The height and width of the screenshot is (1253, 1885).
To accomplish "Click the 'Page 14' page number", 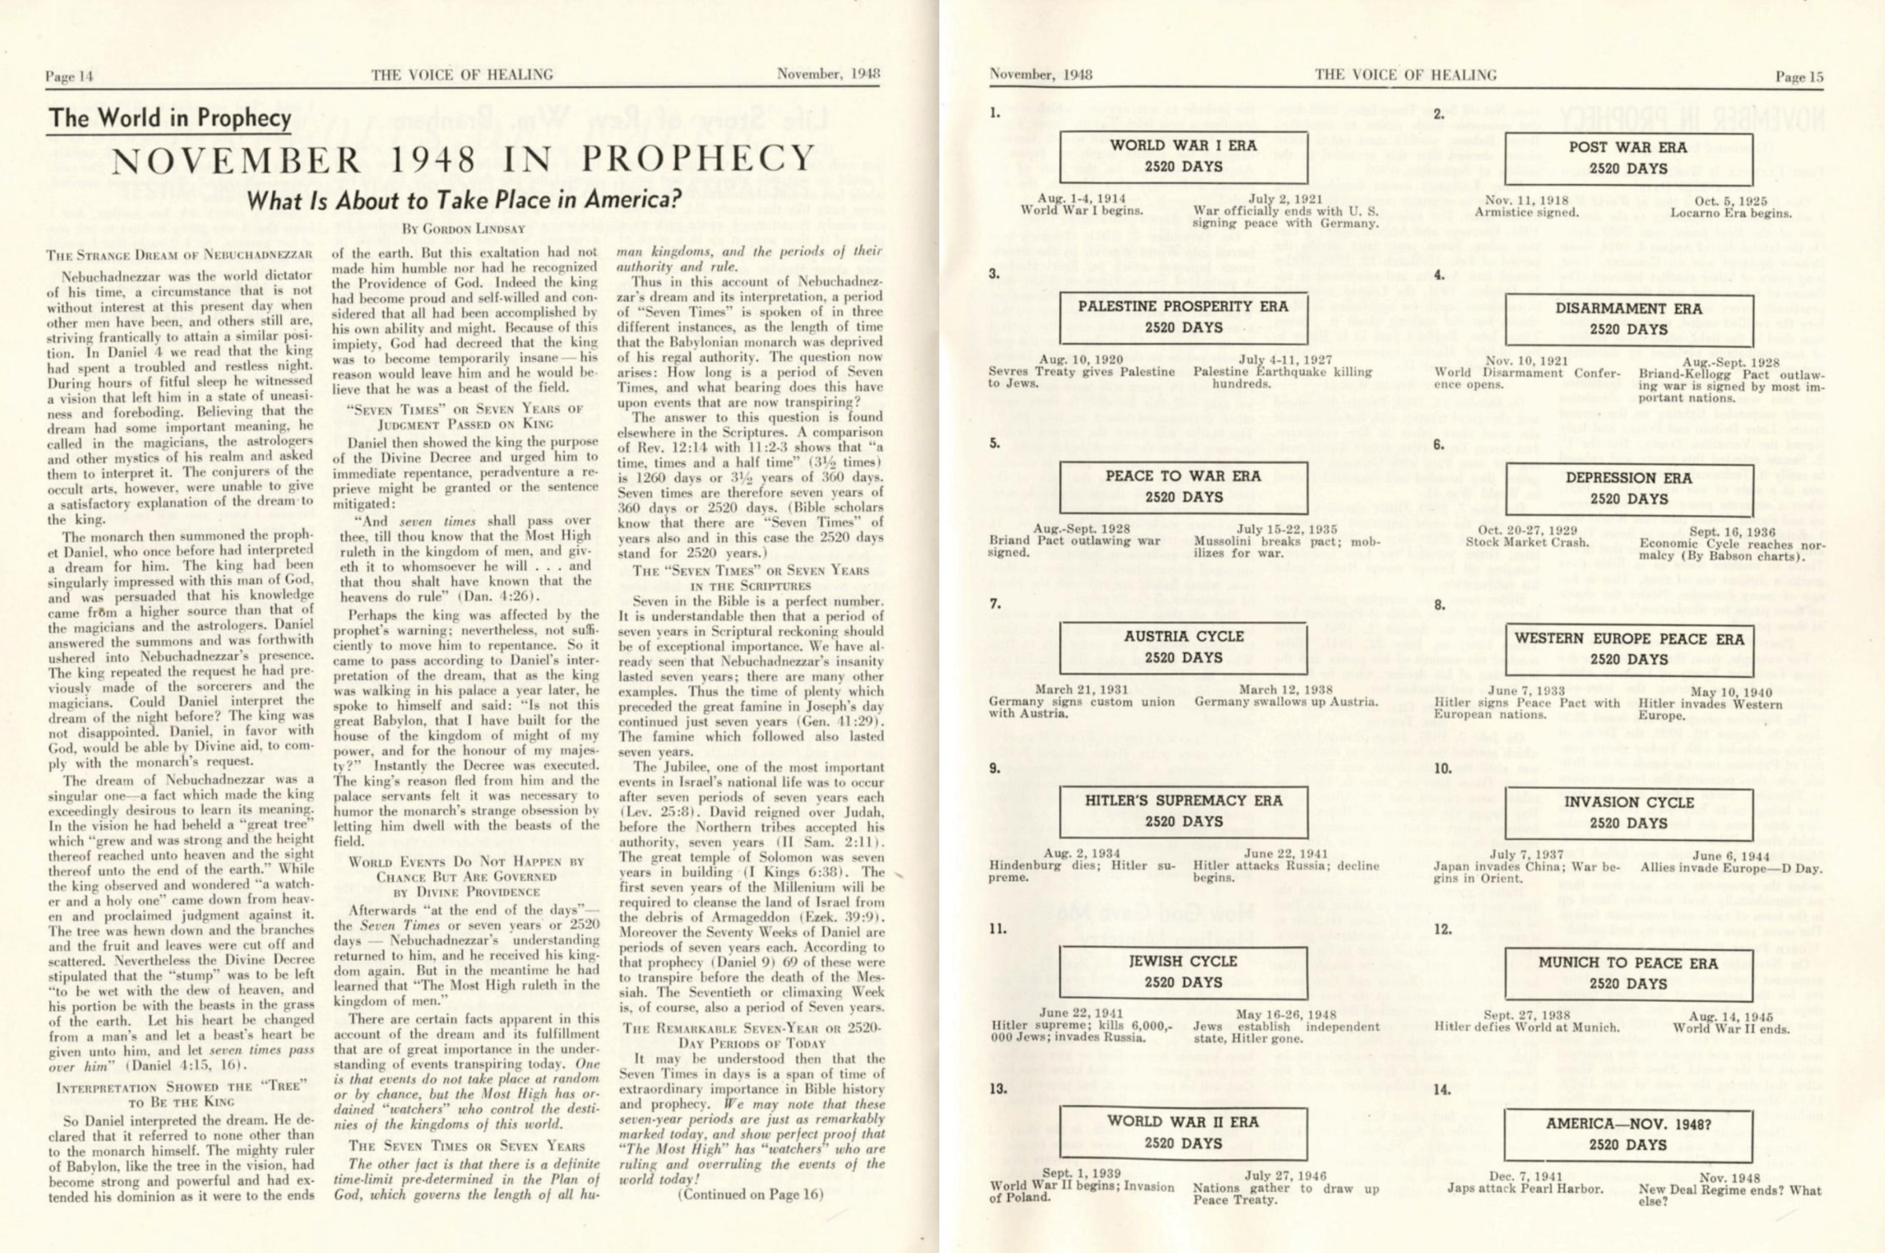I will pyautogui.click(x=70, y=77).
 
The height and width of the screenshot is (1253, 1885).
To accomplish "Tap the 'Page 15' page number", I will pyautogui.click(x=1799, y=77).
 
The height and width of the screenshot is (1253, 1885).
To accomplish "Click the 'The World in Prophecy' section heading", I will pyautogui.click(x=170, y=118).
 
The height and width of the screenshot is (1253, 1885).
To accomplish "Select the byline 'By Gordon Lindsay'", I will pyautogui.click(x=463, y=229).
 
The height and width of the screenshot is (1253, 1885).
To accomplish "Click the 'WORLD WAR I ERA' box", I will pyautogui.click(x=1183, y=157).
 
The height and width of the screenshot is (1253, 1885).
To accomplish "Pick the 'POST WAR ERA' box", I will pyautogui.click(x=1628, y=158).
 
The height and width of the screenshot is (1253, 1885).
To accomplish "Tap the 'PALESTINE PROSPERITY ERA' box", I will pyautogui.click(x=1183, y=317).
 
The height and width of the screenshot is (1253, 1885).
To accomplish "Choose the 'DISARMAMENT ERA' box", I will pyautogui.click(x=1628, y=318).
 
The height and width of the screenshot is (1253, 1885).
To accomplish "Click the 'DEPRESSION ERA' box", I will pyautogui.click(x=1628, y=488).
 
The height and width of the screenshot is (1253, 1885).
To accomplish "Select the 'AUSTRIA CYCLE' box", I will pyautogui.click(x=1183, y=647).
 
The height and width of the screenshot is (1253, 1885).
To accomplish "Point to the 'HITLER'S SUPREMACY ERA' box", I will pyautogui.click(x=1183, y=811).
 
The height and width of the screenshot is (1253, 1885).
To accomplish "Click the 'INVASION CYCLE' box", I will pyautogui.click(x=1628, y=812).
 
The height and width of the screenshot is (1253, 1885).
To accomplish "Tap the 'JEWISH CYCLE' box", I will pyautogui.click(x=1183, y=971).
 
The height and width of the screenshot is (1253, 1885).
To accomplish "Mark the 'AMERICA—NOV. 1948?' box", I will pyautogui.click(x=1628, y=1134).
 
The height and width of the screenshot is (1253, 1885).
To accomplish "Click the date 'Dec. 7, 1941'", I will pyautogui.click(x=1525, y=1176).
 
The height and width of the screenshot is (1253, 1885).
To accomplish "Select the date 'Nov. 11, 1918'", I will pyautogui.click(x=1525, y=200).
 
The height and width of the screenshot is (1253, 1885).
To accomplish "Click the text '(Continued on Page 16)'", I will pyautogui.click(x=750, y=1195).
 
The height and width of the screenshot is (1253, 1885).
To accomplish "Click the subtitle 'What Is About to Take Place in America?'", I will pyautogui.click(x=463, y=199).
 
